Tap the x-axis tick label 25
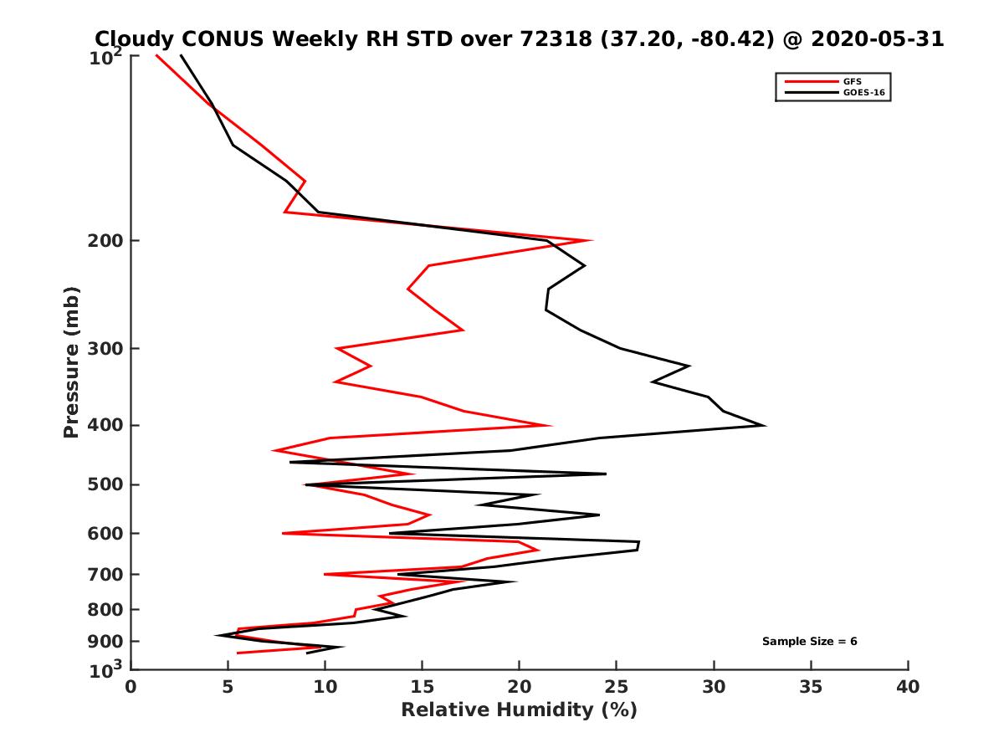pos(617,687)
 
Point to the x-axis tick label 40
pos(908,687)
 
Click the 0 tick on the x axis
pos(131,687)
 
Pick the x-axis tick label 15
pos(423,687)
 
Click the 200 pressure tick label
pos(106,241)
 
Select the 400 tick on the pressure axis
pos(106,425)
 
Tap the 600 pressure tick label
pos(106,534)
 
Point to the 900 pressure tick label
pos(106,642)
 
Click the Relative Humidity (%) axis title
pos(519,710)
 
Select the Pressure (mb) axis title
pos(71,361)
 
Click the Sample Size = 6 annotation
pos(809,642)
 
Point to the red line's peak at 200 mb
pos(592,240)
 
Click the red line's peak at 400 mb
pos(551,425)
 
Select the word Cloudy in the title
pos(137,38)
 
